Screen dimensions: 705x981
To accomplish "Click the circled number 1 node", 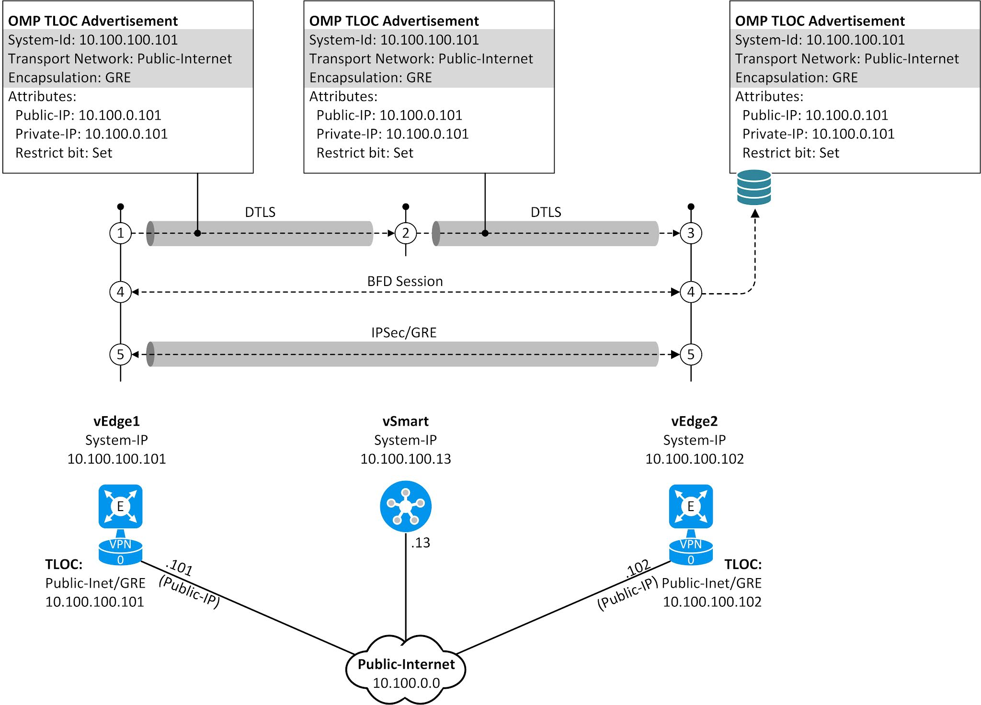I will pyautogui.click(x=120, y=233).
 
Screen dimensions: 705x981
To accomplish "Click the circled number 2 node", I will pyautogui.click(x=406, y=233).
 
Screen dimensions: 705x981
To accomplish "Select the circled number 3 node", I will pyautogui.click(x=691, y=233).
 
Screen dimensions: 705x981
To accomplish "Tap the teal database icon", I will pyautogui.click(x=754, y=187).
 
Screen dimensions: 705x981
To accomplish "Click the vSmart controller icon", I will pyautogui.click(x=406, y=506).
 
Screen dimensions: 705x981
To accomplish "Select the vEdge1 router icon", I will pyautogui.click(x=120, y=506).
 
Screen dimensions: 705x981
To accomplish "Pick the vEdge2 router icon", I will pyautogui.click(x=691, y=506).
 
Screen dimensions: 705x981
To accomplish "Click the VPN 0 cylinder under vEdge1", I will pyautogui.click(x=120, y=552).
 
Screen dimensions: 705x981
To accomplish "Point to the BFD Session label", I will pyautogui.click(x=405, y=281).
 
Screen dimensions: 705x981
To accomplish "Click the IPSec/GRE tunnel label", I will pyautogui.click(x=404, y=332).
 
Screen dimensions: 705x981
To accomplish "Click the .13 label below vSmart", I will pyautogui.click(x=421, y=543).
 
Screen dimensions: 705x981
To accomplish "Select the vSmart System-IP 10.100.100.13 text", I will pyautogui.click(x=406, y=459).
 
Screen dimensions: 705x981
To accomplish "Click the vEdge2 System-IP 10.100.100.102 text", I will pyautogui.click(x=694, y=459).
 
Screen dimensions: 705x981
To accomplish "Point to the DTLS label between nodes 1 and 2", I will pyautogui.click(x=260, y=212).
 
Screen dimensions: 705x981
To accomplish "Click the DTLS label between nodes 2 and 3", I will pyautogui.click(x=546, y=212).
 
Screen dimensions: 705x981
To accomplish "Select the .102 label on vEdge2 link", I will pyautogui.click(x=638, y=569).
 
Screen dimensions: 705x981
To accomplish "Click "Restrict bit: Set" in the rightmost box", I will pyautogui.click(x=790, y=153).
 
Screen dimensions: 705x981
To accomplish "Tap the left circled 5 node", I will pyautogui.click(x=120, y=354).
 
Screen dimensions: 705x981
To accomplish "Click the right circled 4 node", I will pyautogui.click(x=691, y=292).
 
